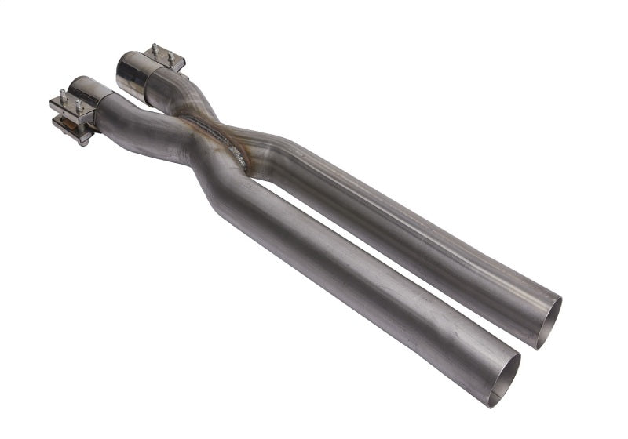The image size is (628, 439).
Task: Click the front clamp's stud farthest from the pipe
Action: click(63, 98)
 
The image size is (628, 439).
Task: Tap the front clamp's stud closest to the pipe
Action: click(78, 104)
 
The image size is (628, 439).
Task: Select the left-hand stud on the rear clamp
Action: click(155, 49)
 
